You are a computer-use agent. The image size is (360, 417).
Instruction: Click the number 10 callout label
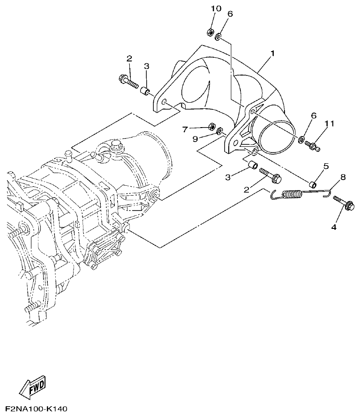215,9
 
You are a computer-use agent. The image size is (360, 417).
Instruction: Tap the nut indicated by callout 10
210,32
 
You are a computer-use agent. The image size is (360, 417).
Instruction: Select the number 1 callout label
271,55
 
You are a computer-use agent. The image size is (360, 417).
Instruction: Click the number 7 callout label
185,128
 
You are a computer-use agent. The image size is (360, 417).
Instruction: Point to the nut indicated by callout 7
211,127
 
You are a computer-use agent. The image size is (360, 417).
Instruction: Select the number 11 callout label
330,123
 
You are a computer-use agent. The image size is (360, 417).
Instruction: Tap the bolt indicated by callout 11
313,146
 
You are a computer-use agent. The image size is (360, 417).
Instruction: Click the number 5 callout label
326,166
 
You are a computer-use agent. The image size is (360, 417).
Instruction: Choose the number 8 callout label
343,177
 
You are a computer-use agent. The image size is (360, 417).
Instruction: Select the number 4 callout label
334,227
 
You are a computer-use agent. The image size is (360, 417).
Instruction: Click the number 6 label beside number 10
230,14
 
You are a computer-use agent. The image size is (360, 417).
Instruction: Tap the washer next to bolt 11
302,140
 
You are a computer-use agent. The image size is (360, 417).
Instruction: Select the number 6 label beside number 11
314,116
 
